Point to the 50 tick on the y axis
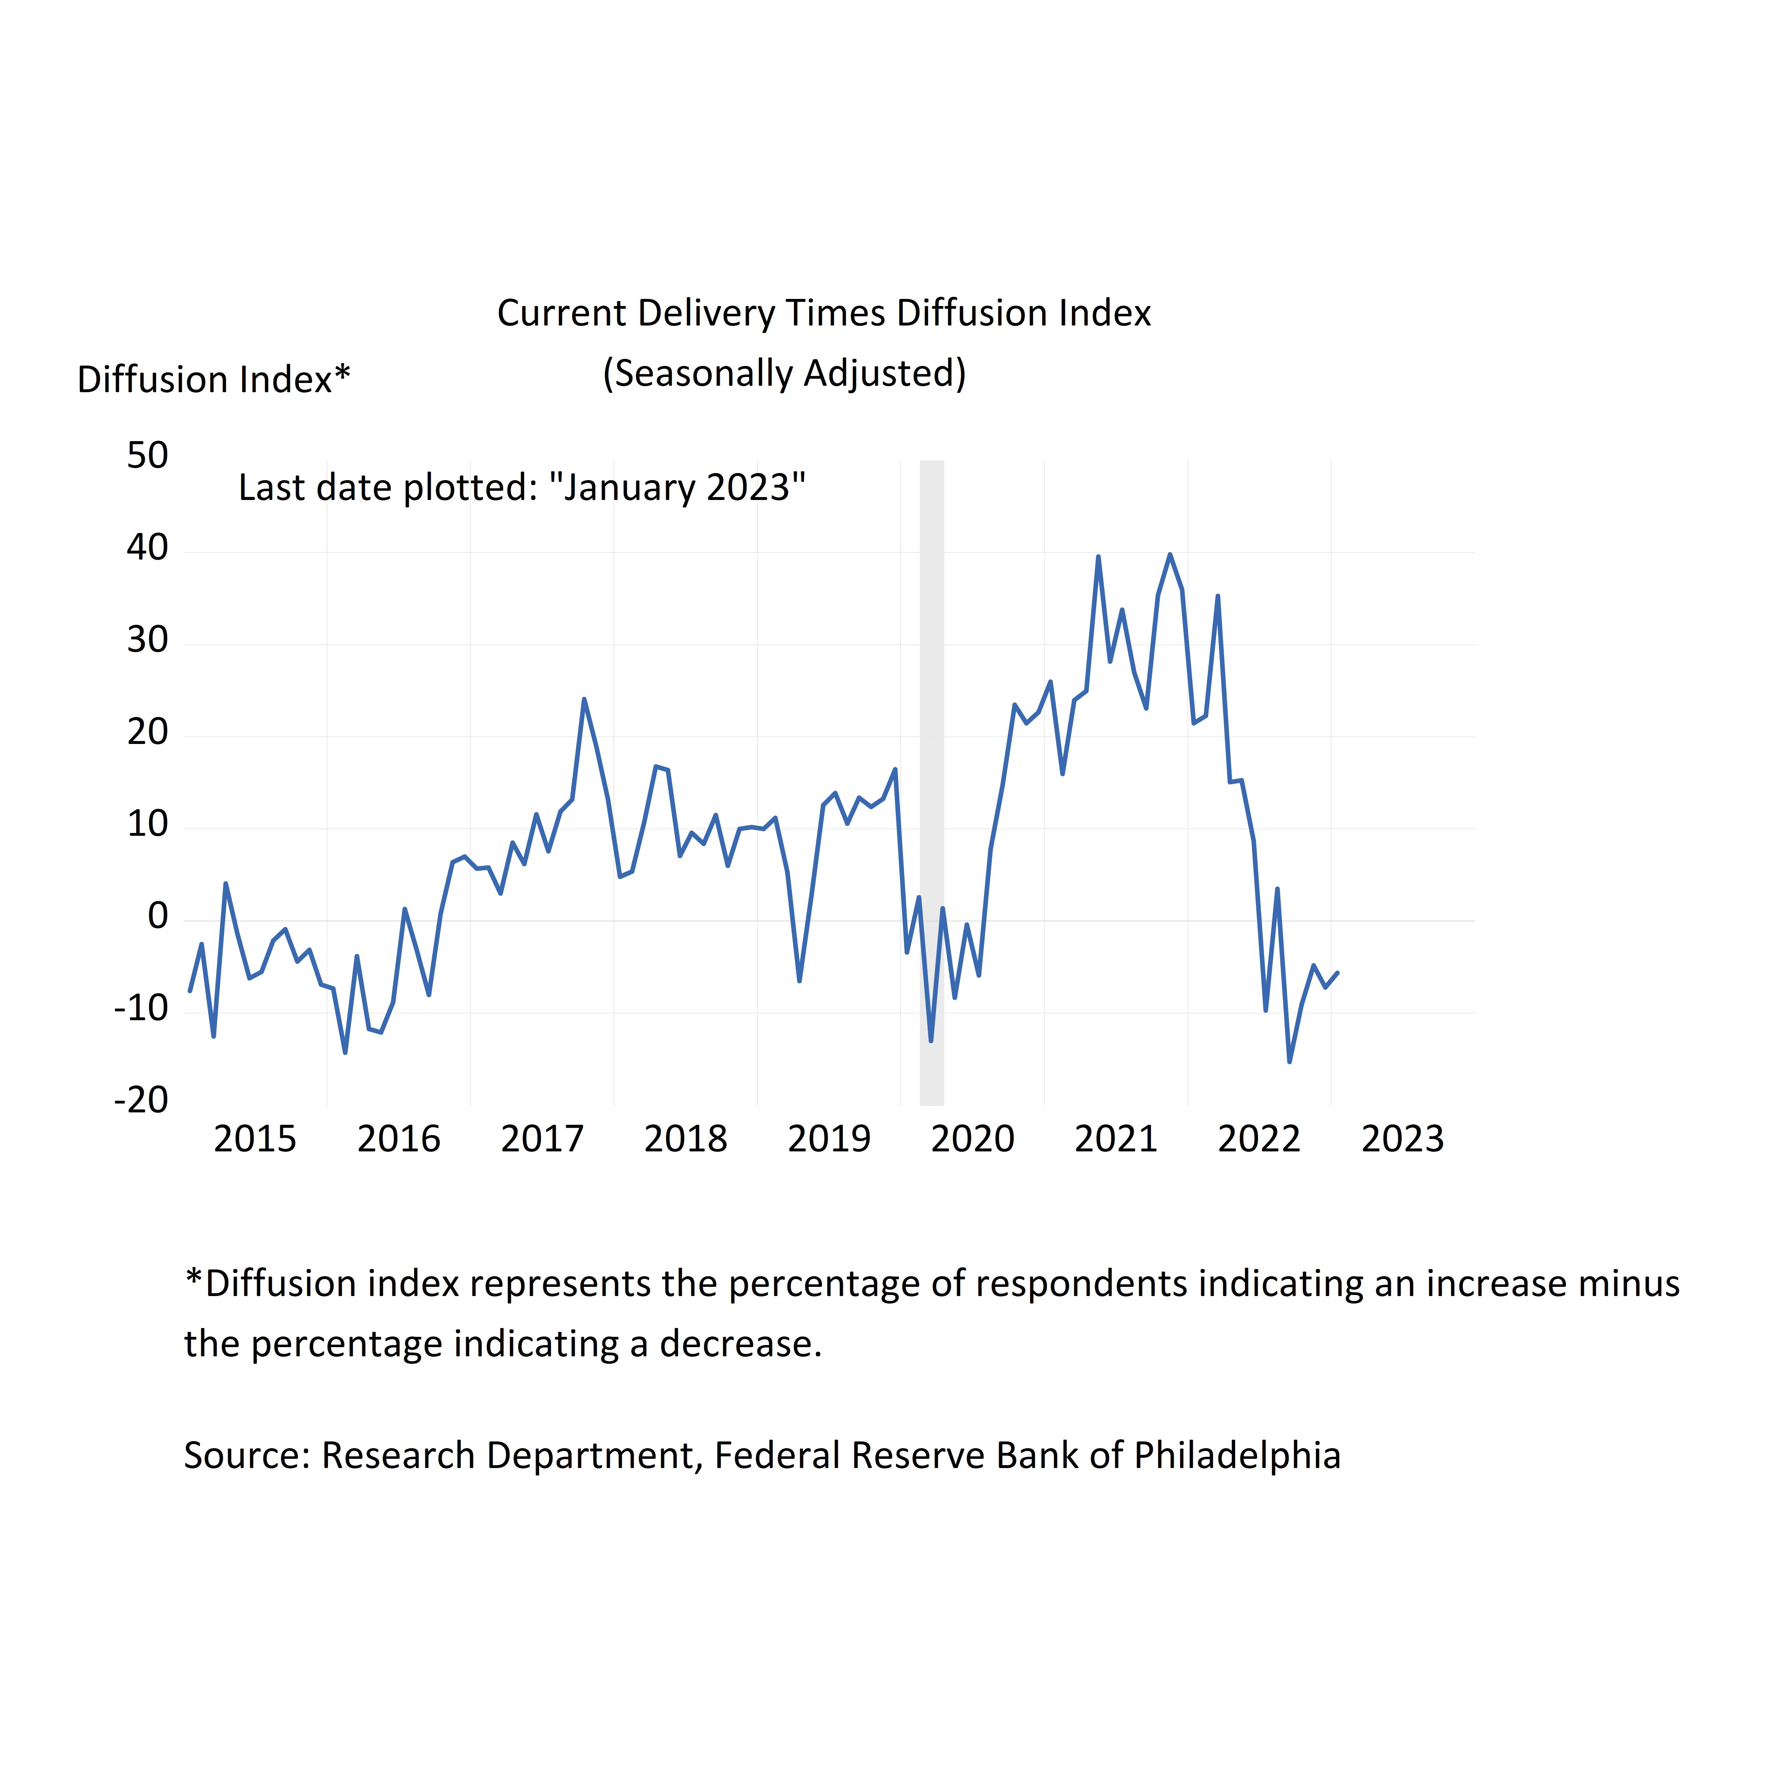(148, 456)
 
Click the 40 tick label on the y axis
(148, 549)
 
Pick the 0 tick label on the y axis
(158, 917)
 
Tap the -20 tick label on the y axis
(141, 1100)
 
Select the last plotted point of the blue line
(1337, 973)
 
